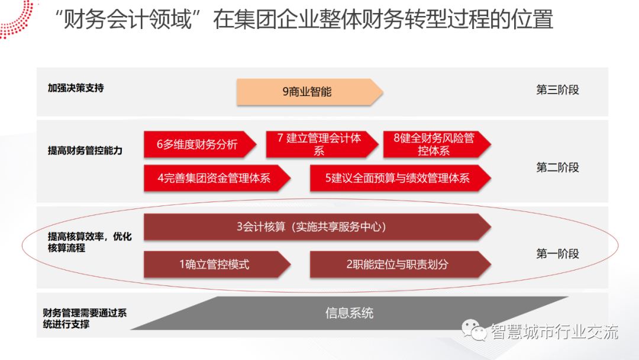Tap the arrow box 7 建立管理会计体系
[319, 144]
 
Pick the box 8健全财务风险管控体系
[434, 144]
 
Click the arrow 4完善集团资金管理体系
[215, 178]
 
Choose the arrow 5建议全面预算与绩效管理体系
[398, 178]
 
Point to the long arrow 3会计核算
[314, 227]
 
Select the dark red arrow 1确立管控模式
[215, 265]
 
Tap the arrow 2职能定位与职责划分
[398, 265]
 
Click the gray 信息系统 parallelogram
[349, 313]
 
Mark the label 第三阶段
[557, 90]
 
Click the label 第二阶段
[557, 168]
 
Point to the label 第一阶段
[557, 253]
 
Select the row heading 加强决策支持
[76, 88]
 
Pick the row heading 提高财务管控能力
[85, 150]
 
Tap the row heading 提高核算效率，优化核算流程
[89, 242]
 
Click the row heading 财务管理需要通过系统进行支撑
[85, 319]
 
